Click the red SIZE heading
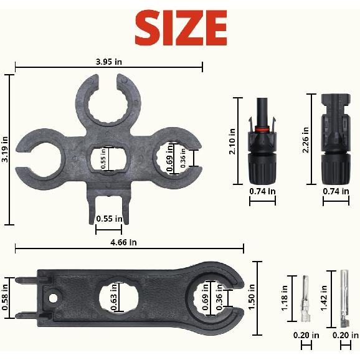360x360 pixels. [181, 27]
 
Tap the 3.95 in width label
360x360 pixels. [109, 61]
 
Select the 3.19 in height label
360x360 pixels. [5, 150]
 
